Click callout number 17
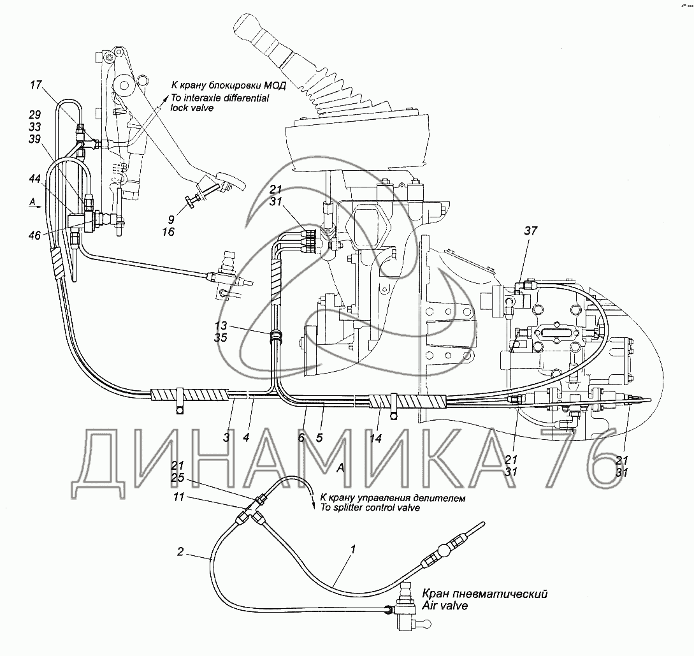coord(36,85)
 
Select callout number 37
coord(530,230)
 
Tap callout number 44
coord(34,179)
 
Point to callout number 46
coord(34,235)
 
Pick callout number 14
coord(375,438)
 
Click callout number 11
coord(178,497)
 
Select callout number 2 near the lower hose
coord(180,551)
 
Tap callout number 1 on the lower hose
coord(353,550)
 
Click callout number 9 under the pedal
coord(171,219)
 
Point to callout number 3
coord(226,438)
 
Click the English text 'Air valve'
coord(444,605)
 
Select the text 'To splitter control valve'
coord(370,507)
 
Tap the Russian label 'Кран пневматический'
coord(484,594)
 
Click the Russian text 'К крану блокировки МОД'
coord(228,85)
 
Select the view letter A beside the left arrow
coord(32,202)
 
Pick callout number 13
coord(221,325)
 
